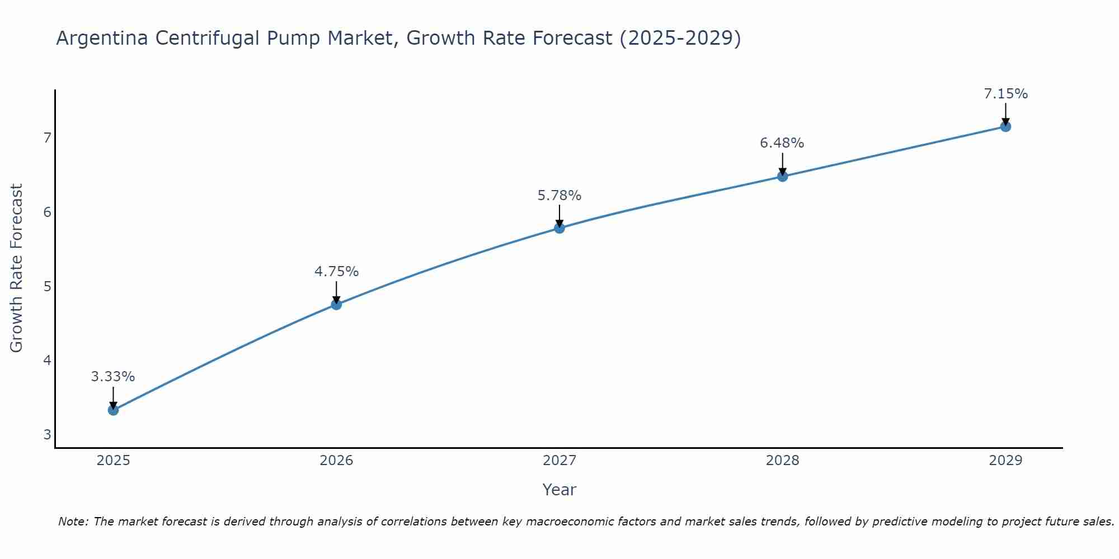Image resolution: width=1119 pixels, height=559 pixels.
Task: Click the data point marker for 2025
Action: pyautogui.click(x=113, y=410)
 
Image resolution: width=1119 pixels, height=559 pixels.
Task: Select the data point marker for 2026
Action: pyautogui.click(x=336, y=304)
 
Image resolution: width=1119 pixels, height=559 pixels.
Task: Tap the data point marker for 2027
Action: pyautogui.click(x=559, y=228)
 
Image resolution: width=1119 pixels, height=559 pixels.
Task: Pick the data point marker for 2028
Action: pyautogui.click(x=782, y=176)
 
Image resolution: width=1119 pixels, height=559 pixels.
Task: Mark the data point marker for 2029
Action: pyautogui.click(x=1005, y=126)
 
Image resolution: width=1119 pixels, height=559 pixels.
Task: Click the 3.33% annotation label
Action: pyautogui.click(x=113, y=377)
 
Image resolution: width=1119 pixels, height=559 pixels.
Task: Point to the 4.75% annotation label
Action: pyautogui.click(x=336, y=272)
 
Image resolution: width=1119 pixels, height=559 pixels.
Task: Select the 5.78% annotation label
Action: pyautogui.click(x=559, y=196)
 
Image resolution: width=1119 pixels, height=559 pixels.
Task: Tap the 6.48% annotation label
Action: pyautogui.click(x=782, y=143)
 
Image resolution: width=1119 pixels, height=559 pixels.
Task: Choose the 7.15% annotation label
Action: pyautogui.click(x=1005, y=94)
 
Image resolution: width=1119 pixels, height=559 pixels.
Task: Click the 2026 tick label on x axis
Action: pyautogui.click(x=336, y=461)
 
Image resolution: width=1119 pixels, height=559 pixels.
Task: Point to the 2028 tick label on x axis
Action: pyautogui.click(x=782, y=461)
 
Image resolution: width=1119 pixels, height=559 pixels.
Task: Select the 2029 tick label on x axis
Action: pyautogui.click(x=1005, y=461)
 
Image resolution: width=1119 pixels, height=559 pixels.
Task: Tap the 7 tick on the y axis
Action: pyautogui.click(x=47, y=138)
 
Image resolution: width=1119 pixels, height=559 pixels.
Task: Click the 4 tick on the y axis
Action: pyautogui.click(x=47, y=360)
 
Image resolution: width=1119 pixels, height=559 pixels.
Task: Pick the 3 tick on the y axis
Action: pyautogui.click(x=47, y=434)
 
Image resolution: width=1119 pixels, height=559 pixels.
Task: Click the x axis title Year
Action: pyautogui.click(x=559, y=490)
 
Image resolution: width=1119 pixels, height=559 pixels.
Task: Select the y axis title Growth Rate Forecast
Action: pyautogui.click(x=17, y=268)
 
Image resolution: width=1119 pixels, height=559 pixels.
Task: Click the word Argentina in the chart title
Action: pyautogui.click(x=102, y=38)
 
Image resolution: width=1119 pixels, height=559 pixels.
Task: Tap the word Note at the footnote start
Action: pyautogui.click(x=73, y=522)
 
